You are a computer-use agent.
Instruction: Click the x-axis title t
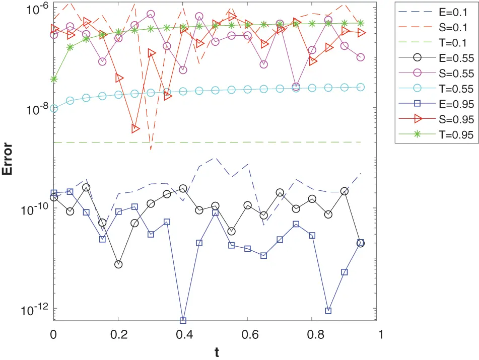pos(217,352)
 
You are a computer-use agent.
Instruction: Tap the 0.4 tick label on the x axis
pos(183,334)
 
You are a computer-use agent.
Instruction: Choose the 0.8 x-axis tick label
pos(312,334)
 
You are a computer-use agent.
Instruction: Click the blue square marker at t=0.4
pos(183,320)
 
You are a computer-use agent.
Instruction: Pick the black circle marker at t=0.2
pos(118,264)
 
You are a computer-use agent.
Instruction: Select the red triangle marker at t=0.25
pos(135,128)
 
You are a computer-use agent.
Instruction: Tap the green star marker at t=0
pos(54,79)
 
